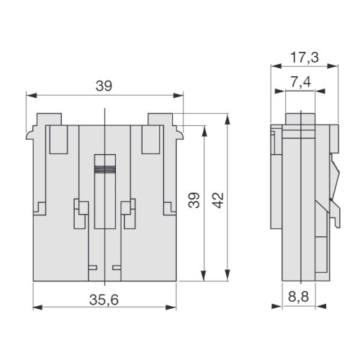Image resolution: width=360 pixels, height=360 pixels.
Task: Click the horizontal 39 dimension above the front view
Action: click(x=104, y=86)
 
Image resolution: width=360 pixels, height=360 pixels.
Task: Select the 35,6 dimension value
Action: click(x=104, y=300)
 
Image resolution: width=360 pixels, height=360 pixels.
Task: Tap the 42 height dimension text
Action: click(x=218, y=200)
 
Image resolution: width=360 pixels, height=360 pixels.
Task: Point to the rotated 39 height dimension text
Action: click(x=194, y=200)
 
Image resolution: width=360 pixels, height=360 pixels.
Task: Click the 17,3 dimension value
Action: click(x=305, y=58)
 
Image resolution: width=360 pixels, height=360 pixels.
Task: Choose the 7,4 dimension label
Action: click(x=301, y=82)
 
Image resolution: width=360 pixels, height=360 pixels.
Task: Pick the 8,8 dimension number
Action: click(x=298, y=297)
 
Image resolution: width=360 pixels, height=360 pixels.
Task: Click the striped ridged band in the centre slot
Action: click(x=105, y=169)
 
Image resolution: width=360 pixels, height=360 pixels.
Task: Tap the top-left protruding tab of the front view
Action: click(x=49, y=120)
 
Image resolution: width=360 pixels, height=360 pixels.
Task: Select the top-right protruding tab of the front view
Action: click(x=160, y=120)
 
